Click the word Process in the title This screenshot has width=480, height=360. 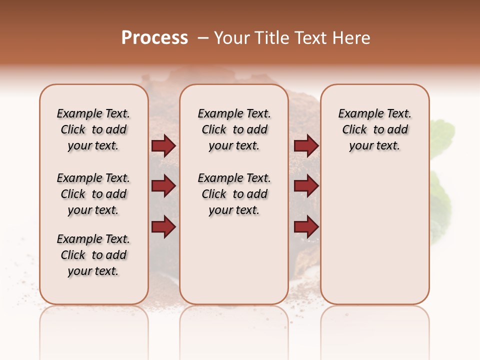(154, 38)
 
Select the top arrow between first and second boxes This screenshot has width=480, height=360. (163, 146)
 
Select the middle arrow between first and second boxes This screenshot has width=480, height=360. (163, 186)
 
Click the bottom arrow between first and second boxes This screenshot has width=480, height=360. (163, 226)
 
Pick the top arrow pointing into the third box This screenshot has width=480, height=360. (306, 146)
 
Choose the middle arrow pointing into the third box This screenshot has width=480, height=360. (306, 186)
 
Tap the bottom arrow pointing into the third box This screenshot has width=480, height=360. (306, 226)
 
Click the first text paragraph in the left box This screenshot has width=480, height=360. (93, 129)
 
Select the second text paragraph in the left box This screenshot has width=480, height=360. (93, 194)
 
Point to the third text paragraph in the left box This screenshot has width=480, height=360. (93, 255)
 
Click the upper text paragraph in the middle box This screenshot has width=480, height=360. (234, 129)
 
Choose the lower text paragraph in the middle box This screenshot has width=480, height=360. (234, 194)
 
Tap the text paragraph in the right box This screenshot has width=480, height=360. (375, 129)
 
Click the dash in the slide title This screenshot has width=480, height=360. (203, 38)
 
